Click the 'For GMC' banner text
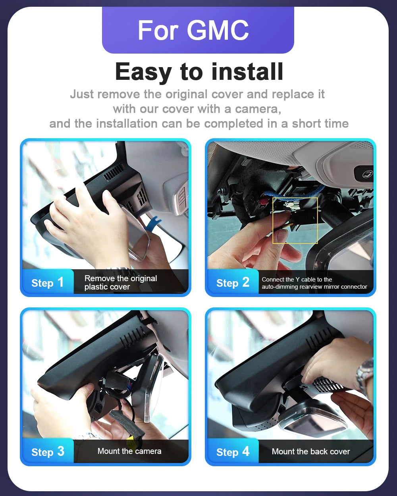(193, 30)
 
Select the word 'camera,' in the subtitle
(258, 109)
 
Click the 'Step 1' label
(48, 283)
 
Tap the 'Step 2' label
(233, 283)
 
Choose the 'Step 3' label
(48, 452)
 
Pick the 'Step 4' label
(233, 452)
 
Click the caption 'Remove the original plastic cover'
(121, 282)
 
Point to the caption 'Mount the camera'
(129, 451)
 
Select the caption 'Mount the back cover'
(311, 451)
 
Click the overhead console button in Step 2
(364, 173)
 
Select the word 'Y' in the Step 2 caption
(297, 279)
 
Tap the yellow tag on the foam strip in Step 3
(131, 441)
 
